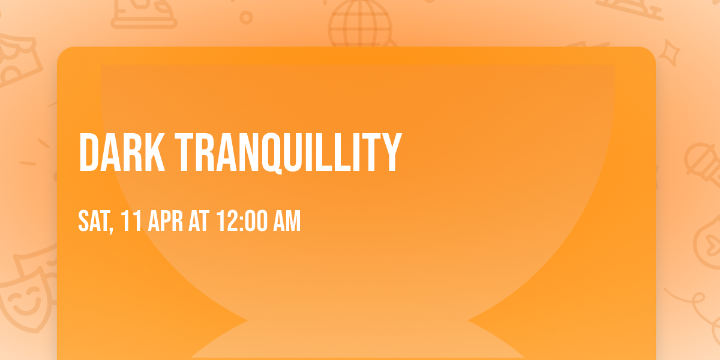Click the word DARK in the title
122,152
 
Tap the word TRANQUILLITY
289,153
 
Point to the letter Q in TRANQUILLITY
272,154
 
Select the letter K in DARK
154,152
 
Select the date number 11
131,221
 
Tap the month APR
165,221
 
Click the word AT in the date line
199,221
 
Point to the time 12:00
242,221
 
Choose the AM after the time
287,221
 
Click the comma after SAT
111,229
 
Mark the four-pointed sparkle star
669,52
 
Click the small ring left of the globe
246,17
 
